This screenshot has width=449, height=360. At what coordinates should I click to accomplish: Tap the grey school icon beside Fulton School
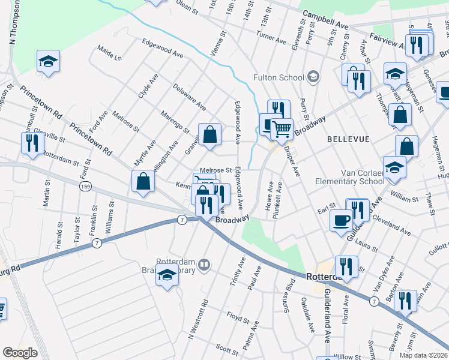(313, 77)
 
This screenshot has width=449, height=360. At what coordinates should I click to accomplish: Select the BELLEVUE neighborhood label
(348, 139)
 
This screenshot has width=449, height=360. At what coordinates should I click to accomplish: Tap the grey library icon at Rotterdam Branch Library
(205, 265)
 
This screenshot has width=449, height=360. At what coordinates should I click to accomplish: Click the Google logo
(20, 353)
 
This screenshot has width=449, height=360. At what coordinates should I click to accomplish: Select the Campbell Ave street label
(325, 20)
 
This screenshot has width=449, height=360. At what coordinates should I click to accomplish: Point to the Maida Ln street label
(110, 53)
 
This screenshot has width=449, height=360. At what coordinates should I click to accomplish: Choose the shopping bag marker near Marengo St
(210, 135)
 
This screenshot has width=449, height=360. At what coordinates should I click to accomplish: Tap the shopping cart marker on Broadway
(281, 127)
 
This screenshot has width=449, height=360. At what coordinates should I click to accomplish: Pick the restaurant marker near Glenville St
(31, 143)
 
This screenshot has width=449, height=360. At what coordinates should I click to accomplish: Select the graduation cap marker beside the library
(167, 275)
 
